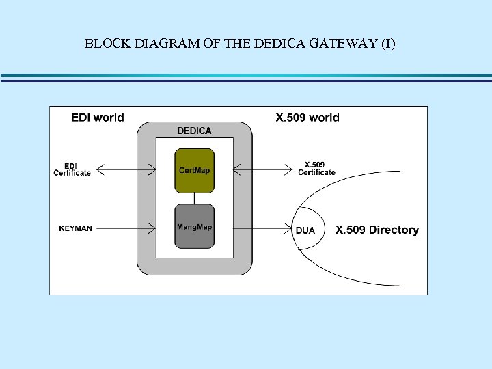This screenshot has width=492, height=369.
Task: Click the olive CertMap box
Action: pyautogui.click(x=195, y=170)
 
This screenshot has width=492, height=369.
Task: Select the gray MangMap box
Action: pyautogui.click(x=195, y=225)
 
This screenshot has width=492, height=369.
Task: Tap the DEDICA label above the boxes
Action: pyautogui.click(x=195, y=131)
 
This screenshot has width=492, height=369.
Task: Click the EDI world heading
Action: pyautogui.click(x=98, y=118)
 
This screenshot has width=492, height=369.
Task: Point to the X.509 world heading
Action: pyautogui.click(x=307, y=118)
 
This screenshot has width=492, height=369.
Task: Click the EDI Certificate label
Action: pyautogui.click(x=72, y=169)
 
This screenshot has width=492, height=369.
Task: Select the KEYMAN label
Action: pyautogui.click(x=75, y=228)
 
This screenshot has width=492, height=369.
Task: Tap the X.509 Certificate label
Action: pyautogui.click(x=316, y=168)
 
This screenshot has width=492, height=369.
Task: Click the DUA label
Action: pyautogui.click(x=305, y=230)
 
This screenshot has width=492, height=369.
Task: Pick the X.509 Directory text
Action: pyautogui.click(x=377, y=230)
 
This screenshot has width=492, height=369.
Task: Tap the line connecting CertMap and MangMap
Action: pyautogui.click(x=195, y=198)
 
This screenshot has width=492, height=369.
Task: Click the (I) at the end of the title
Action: pyautogui.click(x=387, y=44)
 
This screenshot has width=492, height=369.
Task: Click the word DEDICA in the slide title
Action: pyautogui.click(x=282, y=44)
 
